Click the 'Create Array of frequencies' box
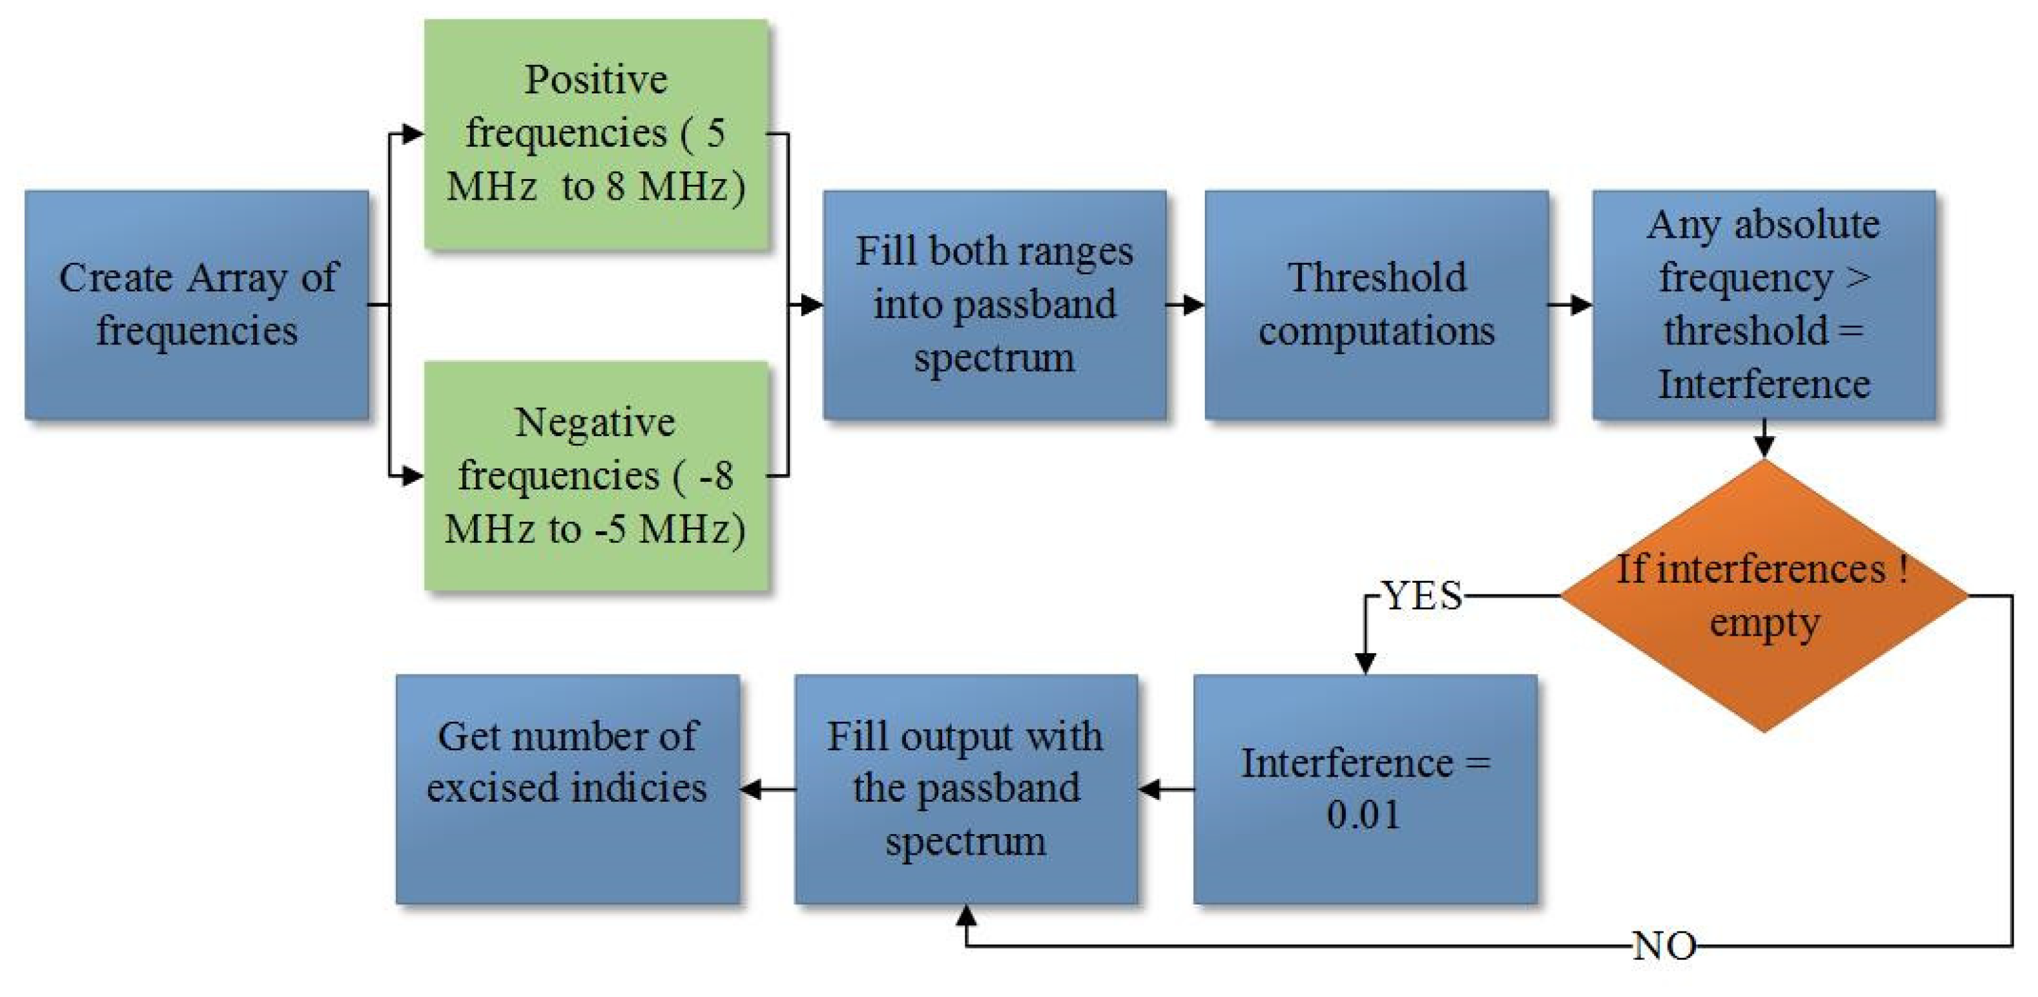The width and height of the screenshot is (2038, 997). click(x=196, y=304)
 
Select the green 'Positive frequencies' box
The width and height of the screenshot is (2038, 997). click(x=596, y=135)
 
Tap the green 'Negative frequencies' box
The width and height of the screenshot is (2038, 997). click(x=596, y=475)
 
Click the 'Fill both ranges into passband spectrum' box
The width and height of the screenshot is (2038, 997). click(x=994, y=304)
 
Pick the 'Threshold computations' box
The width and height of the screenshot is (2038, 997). click(x=1377, y=304)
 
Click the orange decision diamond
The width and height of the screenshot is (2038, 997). click(x=1764, y=595)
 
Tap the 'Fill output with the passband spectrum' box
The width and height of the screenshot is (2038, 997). click(x=966, y=788)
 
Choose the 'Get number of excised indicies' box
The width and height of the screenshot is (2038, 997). click(x=567, y=788)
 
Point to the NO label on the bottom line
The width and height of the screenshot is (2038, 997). click(x=1664, y=945)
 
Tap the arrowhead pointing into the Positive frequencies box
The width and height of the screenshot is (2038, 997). click(x=413, y=135)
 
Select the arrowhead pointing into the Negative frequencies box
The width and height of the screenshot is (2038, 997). click(x=413, y=475)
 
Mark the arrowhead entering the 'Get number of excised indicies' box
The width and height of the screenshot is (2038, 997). click(x=751, y=789)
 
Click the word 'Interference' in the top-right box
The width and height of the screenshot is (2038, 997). click(x=1764, y=385)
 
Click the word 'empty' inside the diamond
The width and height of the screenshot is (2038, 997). click(x=1764, y=623)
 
